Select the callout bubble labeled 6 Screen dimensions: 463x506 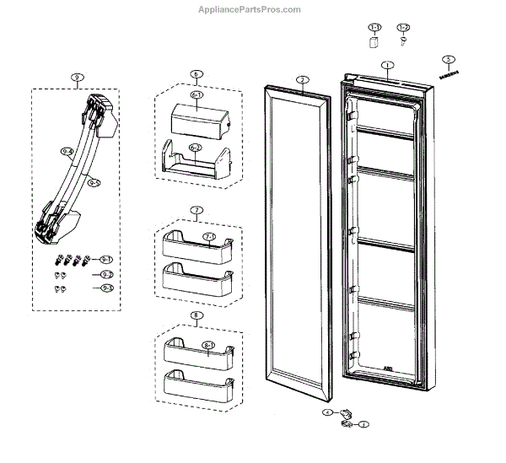196,74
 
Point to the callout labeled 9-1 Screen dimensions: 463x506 107,259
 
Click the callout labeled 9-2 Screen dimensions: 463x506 107,275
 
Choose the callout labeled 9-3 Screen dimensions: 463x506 107,288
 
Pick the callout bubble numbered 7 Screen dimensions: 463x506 196,209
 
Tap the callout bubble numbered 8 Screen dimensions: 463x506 196,316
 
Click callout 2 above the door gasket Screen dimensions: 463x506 301,79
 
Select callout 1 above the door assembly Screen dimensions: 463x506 387,65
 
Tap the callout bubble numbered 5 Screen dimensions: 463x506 449,60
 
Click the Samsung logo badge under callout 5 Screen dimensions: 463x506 449,73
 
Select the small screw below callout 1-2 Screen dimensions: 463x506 404,43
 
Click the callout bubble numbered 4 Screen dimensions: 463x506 327,412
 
